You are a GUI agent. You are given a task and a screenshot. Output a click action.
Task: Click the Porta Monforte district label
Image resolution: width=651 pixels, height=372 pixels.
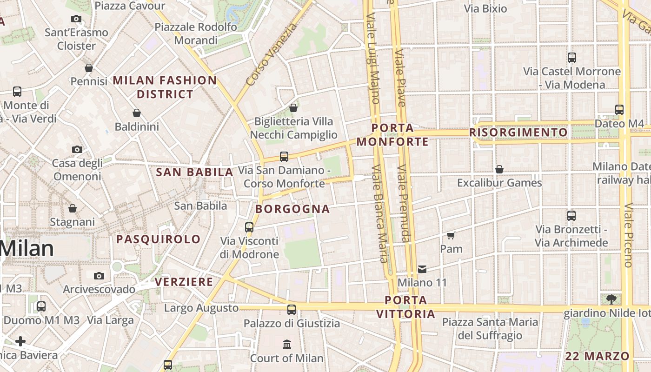point(393,134)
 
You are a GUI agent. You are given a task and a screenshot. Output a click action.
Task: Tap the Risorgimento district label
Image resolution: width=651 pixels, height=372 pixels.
point(518,133)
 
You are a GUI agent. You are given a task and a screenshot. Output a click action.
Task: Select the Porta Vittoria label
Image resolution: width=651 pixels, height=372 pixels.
point(405,307)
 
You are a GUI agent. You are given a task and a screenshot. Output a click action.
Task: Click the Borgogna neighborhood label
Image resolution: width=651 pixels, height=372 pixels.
point(292,209)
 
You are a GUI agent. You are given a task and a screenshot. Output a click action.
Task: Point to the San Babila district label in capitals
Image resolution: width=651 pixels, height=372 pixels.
point(194,173)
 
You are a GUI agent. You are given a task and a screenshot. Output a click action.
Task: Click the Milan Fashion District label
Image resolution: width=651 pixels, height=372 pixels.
point(165,87)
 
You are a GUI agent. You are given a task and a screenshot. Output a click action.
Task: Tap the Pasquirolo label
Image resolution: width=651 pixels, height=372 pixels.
point(158,239)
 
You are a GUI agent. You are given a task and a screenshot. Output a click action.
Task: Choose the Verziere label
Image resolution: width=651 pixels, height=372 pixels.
point(184,282)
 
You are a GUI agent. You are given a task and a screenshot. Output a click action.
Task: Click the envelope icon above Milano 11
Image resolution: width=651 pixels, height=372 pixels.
point(422,269)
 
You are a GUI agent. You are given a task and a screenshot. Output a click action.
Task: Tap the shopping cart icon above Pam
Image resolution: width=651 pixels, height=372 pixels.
point(451,235)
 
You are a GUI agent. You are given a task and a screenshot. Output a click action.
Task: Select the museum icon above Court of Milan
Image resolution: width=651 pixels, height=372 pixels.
point(287,345)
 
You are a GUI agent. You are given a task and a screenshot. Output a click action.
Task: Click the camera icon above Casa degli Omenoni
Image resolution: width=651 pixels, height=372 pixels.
point(77,149)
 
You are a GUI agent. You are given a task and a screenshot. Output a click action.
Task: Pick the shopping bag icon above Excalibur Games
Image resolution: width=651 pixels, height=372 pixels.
point(499,169)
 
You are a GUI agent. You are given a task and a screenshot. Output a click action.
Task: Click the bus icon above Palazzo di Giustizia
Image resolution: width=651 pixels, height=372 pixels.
point(292,310)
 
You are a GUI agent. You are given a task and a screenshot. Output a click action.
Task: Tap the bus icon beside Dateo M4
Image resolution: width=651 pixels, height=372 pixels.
point(619,110)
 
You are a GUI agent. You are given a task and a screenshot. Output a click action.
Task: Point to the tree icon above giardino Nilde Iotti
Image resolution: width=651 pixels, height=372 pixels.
point(611,299)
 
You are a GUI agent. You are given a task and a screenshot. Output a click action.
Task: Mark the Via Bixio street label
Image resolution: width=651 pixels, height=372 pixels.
point(485,8)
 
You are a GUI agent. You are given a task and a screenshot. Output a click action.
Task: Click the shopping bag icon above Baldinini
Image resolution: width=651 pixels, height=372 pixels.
point(137,113)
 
